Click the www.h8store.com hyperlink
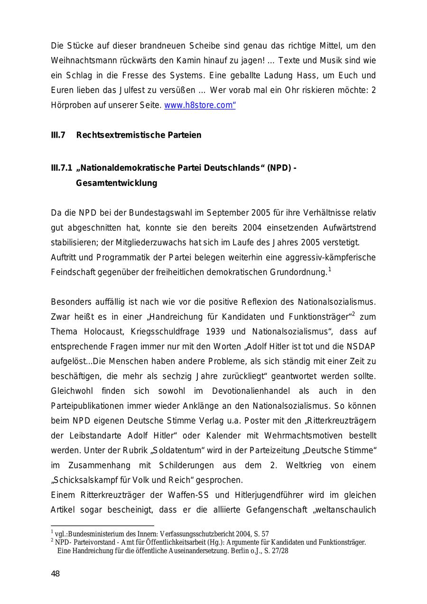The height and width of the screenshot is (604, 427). point(199,105)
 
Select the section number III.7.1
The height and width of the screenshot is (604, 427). point(61,168)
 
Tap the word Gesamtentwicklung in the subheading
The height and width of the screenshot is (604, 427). point(116,183)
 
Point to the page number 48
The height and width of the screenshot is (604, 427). point(56,574)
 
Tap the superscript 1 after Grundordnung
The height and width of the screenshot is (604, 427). point(329,269)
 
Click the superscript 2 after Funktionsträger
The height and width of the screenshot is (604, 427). point(353,314)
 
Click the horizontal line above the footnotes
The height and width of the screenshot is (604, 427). point(102,526)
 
